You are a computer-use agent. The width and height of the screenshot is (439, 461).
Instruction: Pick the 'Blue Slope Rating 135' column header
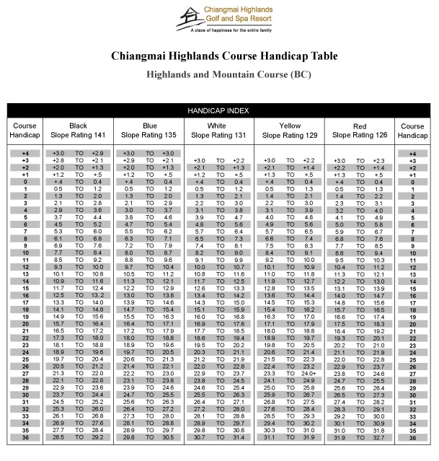pos(149,131)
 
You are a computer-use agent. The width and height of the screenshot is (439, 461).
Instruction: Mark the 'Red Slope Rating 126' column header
pos(360,131)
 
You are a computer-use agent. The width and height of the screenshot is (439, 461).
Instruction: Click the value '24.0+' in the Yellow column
pos(309,373)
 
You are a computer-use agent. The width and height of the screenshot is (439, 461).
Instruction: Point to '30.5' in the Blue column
pos(168,437)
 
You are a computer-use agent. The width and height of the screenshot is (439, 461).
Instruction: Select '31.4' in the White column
pos(239,437)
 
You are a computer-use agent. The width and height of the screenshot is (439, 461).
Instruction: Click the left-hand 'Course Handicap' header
pos(25,131)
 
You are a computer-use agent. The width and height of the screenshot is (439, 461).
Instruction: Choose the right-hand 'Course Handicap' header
pos(412,131)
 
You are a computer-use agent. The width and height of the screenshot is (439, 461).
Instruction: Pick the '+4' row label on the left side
pos(25,154)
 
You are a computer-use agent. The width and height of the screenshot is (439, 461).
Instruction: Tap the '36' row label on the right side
pos(412,437)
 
